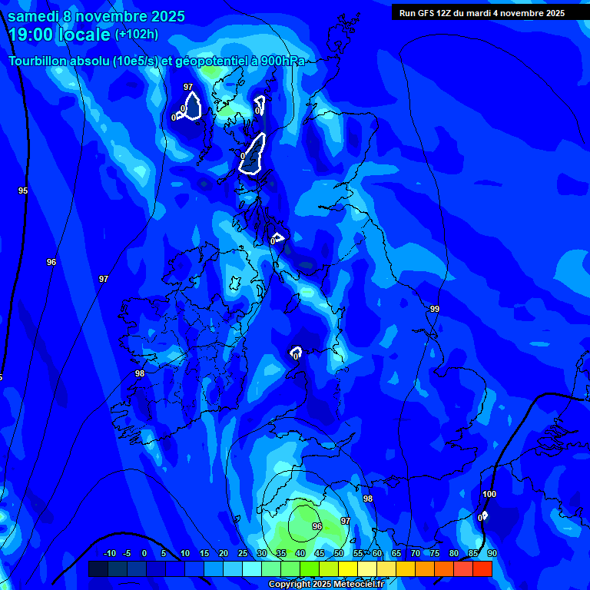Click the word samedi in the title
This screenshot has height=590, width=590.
tap(34, 16)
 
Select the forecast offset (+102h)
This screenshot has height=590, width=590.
tap(137, 35)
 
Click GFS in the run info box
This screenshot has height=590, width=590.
tap(430, 13)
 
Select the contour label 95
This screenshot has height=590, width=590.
tap(23, 191)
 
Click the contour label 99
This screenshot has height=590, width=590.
tap(435, 309)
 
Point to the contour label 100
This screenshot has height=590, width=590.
tap(489, 494)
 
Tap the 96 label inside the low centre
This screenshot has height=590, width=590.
tap(317, 526)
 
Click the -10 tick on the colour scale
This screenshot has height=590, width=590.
tap(109, 553)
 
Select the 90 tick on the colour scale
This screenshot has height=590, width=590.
tap(492, 553)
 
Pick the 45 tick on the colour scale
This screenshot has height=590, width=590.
tap(319, 553)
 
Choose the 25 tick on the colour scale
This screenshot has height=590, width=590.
tap(242, 553)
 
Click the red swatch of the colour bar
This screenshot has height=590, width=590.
tap(482, 568)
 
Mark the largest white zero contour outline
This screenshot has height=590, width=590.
tap(253, 154)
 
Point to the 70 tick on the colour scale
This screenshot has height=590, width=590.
tap(415, 553)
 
